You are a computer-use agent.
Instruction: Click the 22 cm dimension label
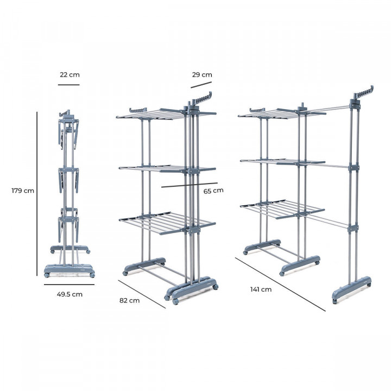click(x=69, y=75)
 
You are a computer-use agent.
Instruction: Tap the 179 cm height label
click(x=23, y=191)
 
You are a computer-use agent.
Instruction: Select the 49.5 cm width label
click(x=69, y=294)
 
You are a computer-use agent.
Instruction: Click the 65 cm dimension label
click(x=213, y=191)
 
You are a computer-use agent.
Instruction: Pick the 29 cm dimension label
click(x=201, y=75)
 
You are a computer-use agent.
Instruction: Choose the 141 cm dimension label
click(x=261, y=289)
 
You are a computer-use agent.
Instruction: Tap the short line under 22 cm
click(x=69, y=85)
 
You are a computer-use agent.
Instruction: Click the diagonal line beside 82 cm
click(x=141, y=294)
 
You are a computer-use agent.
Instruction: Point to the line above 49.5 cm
click(x=69, y=284)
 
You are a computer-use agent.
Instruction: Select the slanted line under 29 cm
click(x=201, y=85)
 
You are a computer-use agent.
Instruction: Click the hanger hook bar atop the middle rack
click(x=201, y=99)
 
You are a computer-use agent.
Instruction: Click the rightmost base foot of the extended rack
click(x=352, y=286)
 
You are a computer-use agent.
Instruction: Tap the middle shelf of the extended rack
click(x=282, y=161)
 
